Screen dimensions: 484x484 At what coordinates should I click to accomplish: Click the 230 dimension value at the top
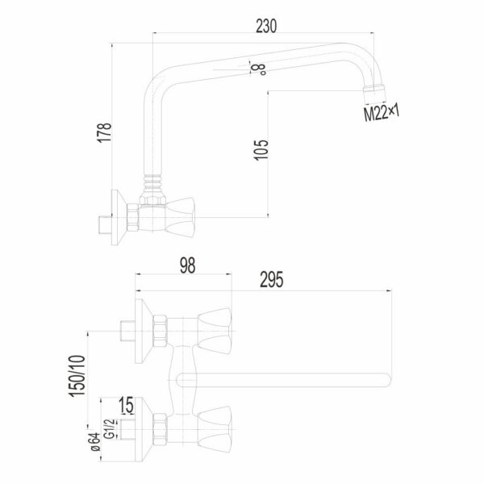click(x=266, y=26)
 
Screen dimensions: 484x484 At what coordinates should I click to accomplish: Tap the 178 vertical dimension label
click(x=105, y=133)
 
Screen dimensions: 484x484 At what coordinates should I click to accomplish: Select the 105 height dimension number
click(x=261, y=150)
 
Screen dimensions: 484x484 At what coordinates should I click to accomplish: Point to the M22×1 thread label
click(x=382, y=113)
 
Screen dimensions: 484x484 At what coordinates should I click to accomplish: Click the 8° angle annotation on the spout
click(x=259, y=69)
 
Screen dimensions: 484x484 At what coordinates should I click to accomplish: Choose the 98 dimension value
click(x=187, y=265)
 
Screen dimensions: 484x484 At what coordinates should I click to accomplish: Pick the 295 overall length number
click(x=271, y=280)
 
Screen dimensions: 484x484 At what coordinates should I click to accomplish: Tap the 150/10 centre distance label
click(x=77, y=376)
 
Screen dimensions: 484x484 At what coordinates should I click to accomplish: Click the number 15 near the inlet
click(x=127, y=405)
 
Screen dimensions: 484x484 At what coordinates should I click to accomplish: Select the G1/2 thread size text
click(x=110, y=429)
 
